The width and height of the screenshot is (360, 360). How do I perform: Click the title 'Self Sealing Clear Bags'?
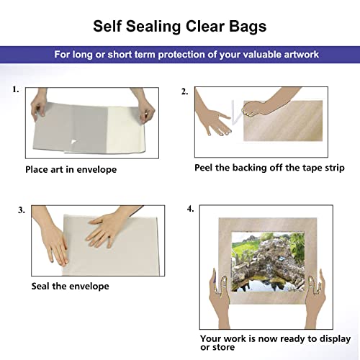click(179, 27)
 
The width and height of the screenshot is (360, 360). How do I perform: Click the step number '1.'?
click(15, 91)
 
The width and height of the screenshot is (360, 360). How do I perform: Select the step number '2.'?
click(184, 91)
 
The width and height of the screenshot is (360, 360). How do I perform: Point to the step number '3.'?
click(22, 210)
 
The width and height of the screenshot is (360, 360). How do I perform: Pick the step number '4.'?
click(190, 210)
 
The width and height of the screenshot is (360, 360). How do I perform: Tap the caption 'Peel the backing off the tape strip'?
click(269, 168)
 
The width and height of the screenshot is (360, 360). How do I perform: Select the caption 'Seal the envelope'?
click(70, 286)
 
